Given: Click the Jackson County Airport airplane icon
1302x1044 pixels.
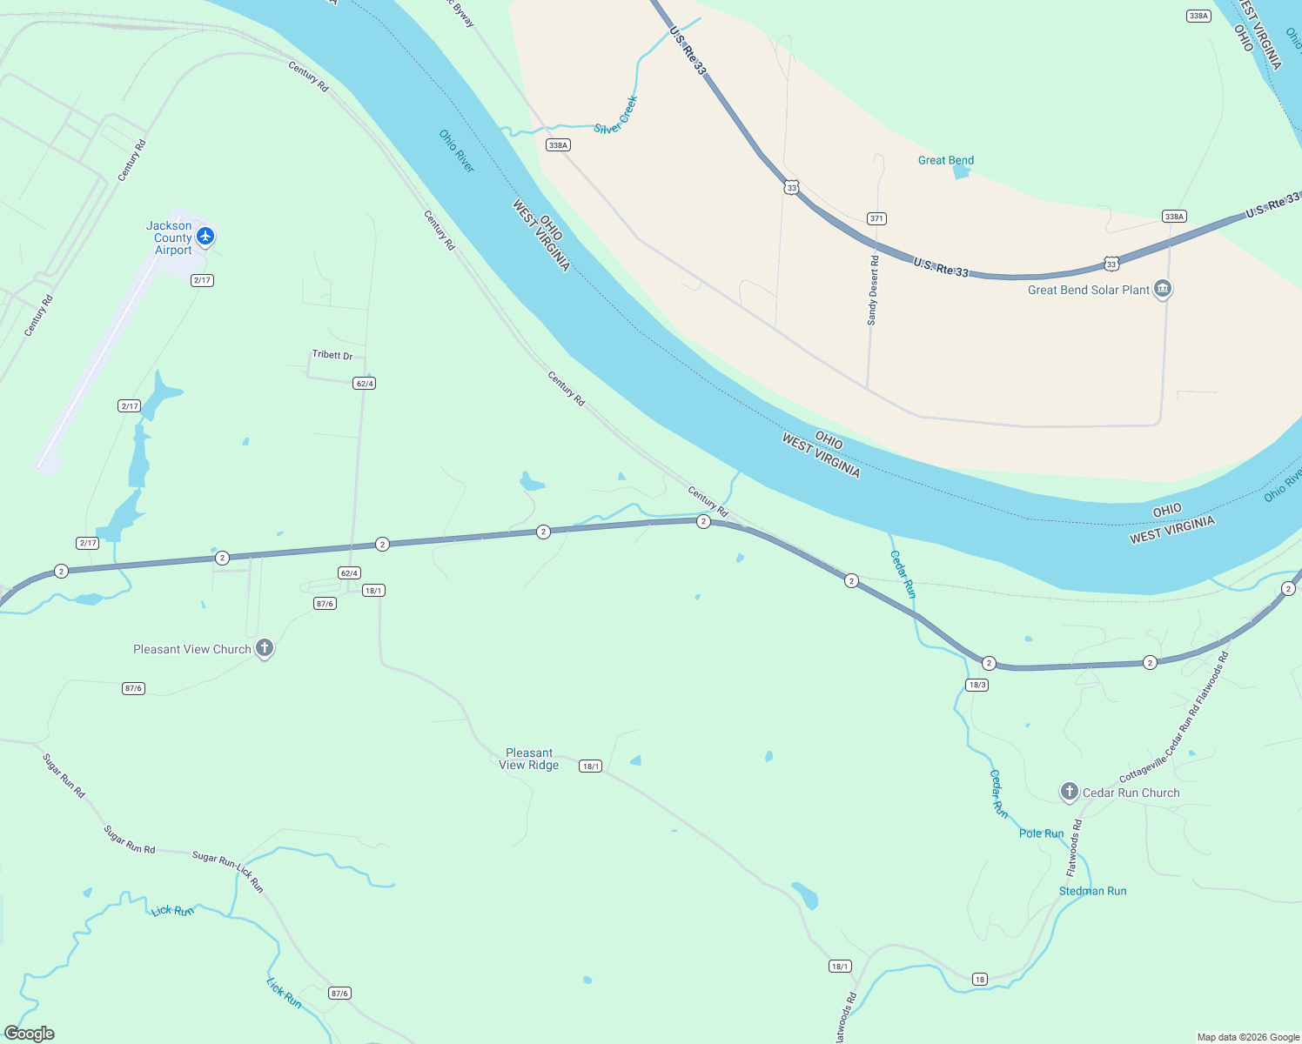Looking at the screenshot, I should pos(205,236).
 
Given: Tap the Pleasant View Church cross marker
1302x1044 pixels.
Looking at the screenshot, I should pos(265,648).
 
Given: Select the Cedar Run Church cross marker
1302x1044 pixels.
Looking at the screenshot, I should pos(1069,792).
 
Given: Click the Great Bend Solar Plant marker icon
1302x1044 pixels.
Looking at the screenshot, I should pos(1162,289).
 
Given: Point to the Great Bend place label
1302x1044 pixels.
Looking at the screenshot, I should pos(945,160).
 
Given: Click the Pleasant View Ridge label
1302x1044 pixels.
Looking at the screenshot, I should pos(529,759).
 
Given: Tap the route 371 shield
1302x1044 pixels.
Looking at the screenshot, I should pos(876,218).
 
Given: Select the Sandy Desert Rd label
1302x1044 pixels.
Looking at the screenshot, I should pos(873,291).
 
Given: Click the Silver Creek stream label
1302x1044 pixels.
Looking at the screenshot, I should pos(616,116).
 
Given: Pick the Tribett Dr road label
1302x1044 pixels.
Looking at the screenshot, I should pos(332,355).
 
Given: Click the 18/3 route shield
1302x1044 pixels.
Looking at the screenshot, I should pos(976,685).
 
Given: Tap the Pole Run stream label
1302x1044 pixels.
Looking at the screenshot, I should pos(1041,833).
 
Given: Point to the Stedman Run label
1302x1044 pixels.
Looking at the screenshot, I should pos(1092,891).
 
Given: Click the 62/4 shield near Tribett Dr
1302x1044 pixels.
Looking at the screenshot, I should pos(365,384).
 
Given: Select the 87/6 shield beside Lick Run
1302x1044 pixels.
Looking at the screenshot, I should pos(339,993).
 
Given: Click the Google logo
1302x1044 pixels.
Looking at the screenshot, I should pos(30,1034).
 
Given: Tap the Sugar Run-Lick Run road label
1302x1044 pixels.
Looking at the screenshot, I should pos(228,871).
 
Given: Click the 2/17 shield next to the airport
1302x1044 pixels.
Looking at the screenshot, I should pos(202,280).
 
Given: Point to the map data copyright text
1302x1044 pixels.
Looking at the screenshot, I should pos(1248,1037).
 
